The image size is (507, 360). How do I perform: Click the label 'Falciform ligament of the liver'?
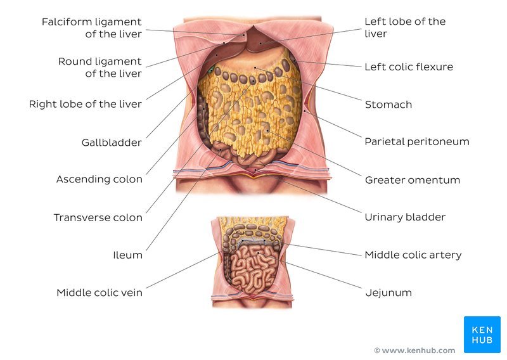[92, 28]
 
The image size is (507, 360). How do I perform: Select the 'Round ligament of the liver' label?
[100, 67]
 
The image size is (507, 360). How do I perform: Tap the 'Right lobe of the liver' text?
[86, 104]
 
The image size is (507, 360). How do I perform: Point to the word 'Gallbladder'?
[112, 143]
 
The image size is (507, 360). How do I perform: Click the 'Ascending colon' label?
[99, 179]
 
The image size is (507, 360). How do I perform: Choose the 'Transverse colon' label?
[98, 217]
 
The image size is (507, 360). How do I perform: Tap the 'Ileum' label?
[127, 255]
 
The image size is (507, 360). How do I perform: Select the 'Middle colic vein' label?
[99, 293]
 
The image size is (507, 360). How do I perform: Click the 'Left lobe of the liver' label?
[405, 27]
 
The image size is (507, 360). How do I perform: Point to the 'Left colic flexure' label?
[409, 67]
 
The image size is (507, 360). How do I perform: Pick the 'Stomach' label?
[388, 105]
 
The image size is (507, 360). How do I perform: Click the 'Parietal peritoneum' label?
[417, 141]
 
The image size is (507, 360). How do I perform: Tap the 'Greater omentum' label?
[413, 180]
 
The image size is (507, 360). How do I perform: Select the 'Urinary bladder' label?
[405, 217]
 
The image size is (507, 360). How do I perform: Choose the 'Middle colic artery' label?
[413, 255]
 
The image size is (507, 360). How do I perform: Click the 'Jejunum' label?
[388, 293]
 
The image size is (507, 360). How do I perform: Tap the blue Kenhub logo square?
[482, 335]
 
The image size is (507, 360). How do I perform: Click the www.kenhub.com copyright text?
[414, 350]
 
